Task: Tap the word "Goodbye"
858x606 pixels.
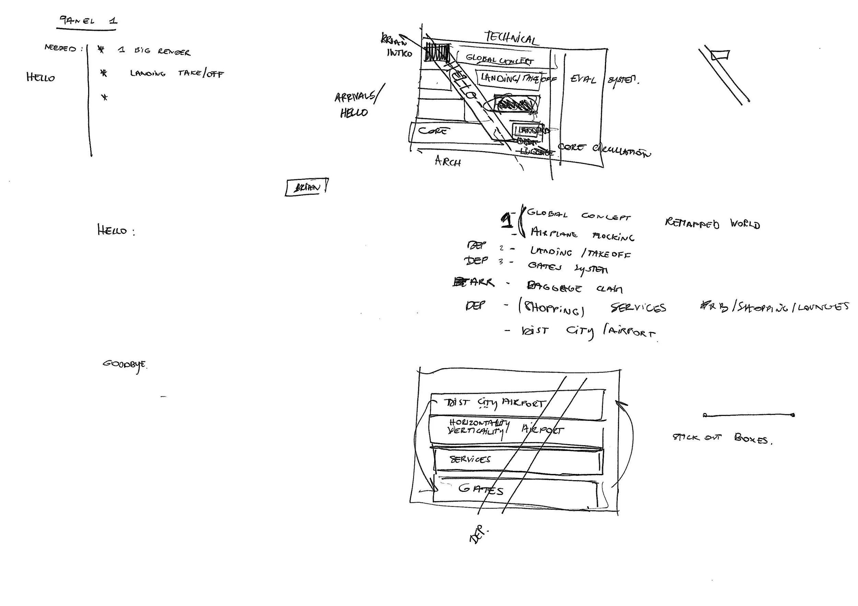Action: click(125, 365)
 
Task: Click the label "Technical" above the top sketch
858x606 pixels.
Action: click(512, 38)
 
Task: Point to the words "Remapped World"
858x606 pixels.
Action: click(712, 224)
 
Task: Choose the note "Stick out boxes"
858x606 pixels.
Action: click(722, 438)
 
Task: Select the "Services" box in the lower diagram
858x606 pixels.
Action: click(518, 460)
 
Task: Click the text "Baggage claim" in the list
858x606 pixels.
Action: click(575, 288)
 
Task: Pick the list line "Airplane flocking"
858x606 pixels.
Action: click(582, 234)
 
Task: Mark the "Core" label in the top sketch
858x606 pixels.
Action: click(432, 131)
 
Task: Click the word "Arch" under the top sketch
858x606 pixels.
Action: click(448, 161)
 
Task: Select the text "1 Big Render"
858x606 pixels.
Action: click(154, 51)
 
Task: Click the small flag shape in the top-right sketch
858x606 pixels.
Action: click(720, 56)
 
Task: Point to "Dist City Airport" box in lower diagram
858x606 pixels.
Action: click(516, 403)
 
